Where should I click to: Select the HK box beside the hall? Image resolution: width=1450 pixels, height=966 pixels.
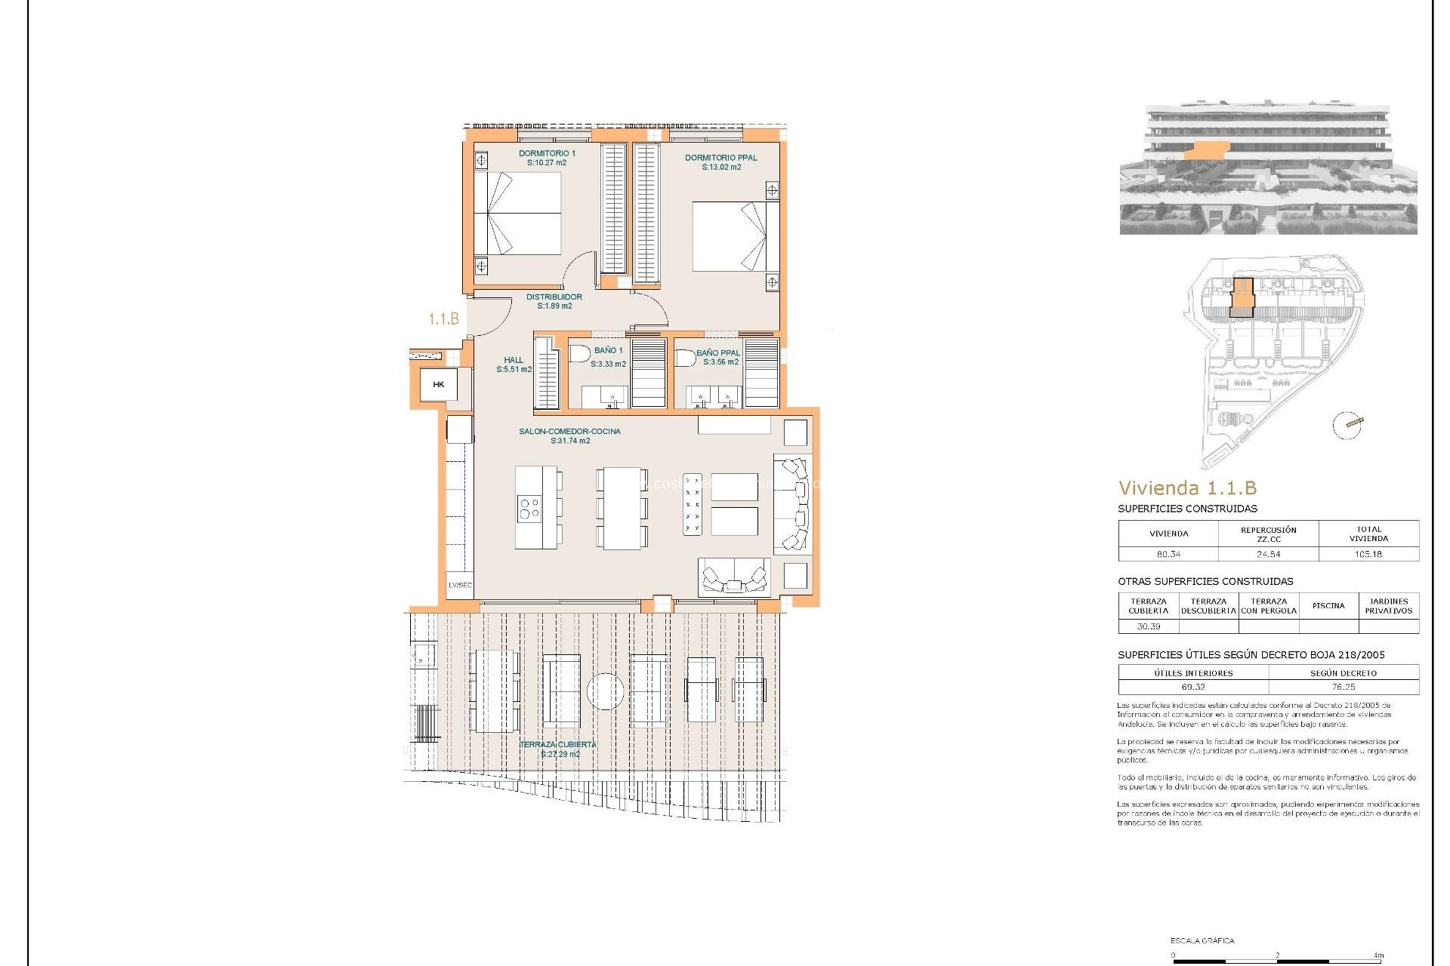[x=439, y=385]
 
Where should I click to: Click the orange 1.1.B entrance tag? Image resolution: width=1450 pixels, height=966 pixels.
[x=443, y=319]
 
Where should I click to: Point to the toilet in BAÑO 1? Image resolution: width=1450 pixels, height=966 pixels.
[x=579, y=353]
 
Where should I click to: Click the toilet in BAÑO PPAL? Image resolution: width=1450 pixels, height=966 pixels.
[x=684, y=358]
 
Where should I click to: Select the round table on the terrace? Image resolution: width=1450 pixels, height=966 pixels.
[x=605, y=691]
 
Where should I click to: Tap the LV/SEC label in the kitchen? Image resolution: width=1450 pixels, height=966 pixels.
[x=460, y=585]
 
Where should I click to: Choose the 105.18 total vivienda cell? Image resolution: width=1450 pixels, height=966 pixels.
[x=1368, y=554]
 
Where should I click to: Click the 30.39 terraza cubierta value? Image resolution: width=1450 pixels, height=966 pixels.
[x=1148, y=626]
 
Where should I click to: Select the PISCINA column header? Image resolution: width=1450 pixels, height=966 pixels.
[x=1328, y=605]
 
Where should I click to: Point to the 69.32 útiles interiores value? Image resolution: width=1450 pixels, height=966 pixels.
[x=1193, y=687]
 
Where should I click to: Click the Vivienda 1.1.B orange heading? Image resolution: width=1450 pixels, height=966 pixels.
[x=1187, y=488]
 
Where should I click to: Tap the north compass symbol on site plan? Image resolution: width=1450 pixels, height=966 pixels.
[x=1347, y=425]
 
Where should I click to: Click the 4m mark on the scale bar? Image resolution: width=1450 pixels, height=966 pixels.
[x=1378, y=955]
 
